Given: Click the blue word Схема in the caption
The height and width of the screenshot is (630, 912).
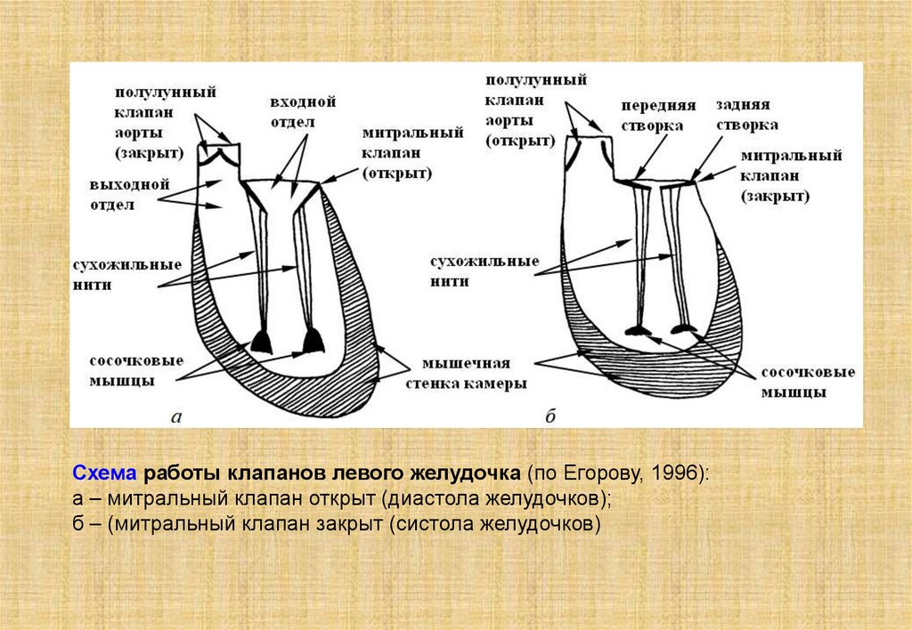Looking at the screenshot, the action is coord(106,472).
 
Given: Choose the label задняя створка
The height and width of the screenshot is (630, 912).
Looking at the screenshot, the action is coord(746,114).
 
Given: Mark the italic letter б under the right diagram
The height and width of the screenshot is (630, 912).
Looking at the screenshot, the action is coord(550,416).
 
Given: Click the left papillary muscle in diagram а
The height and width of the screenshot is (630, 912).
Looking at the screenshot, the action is coord(261,341).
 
